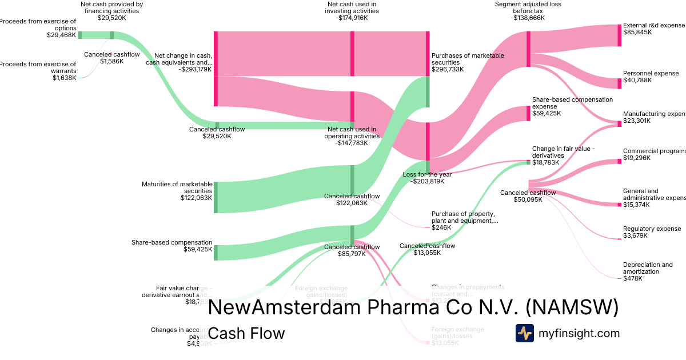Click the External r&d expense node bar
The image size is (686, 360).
click(x=619, y=35)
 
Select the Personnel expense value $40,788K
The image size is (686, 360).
click(x=637, y=81)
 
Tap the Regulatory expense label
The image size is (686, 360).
click(x=652, y=229)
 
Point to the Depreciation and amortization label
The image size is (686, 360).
click(x=648, y=268)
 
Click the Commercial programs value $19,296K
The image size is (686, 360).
click(x=637, y=158)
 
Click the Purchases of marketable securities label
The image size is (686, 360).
click(x=468, y=59)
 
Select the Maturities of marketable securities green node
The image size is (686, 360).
click(x=216, y=197)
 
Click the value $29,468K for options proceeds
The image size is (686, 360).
click(x=61, y=35)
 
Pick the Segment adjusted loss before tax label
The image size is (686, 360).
click(x=528, y=7)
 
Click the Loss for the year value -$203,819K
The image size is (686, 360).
click(x=427, y=182)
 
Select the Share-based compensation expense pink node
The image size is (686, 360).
click(x=528, y=113)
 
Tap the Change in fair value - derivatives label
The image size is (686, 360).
click(x=564, y=151)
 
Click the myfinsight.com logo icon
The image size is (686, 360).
click(x=524, y=333)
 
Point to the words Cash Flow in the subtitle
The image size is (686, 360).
click(x=246, y=333)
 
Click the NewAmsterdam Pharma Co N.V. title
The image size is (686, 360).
click(x=413, y=307)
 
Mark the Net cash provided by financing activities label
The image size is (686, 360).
click(x=111, y=7)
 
